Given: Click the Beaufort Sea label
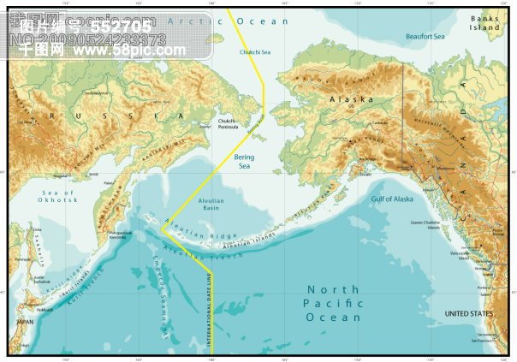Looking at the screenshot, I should click(x=425, y=37).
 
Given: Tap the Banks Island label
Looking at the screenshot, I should click(x=484, y=22).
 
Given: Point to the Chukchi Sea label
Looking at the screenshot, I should click(x=253, y=53).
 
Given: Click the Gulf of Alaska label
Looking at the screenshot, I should click(x=392, y=199).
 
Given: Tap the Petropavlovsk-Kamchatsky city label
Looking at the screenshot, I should click(x=120, y=234).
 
